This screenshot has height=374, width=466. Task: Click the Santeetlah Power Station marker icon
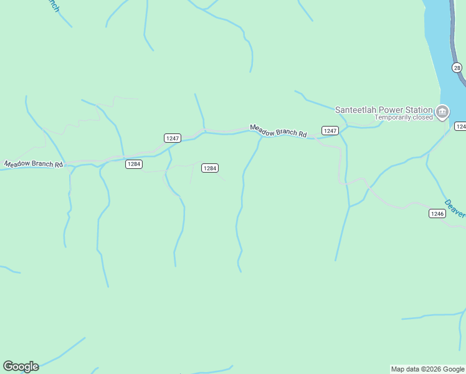tap(442, 112)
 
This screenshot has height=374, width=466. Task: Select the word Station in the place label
tap(418, 110)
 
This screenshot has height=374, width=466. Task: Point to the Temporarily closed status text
tap(403, 117)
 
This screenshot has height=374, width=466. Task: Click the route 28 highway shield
tap(457, 68)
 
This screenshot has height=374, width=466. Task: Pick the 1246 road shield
tap(437, 213)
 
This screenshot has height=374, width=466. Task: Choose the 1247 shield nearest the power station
tap(330, 130)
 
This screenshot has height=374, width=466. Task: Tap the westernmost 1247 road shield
tap(173, 137)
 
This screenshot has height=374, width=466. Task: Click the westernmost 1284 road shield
tap(133, 164)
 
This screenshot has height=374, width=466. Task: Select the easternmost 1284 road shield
tap(210, 168)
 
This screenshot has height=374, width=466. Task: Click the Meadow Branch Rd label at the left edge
tap(34, 165)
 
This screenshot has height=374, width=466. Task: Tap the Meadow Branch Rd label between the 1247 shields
tap(278, 131)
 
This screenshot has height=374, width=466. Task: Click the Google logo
tap(21, 367)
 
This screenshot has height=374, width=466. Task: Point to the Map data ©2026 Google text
tap(427, 369)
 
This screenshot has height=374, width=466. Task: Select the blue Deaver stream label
tap(455, 208)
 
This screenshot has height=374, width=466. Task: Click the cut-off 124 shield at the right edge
tap(460, 127)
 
